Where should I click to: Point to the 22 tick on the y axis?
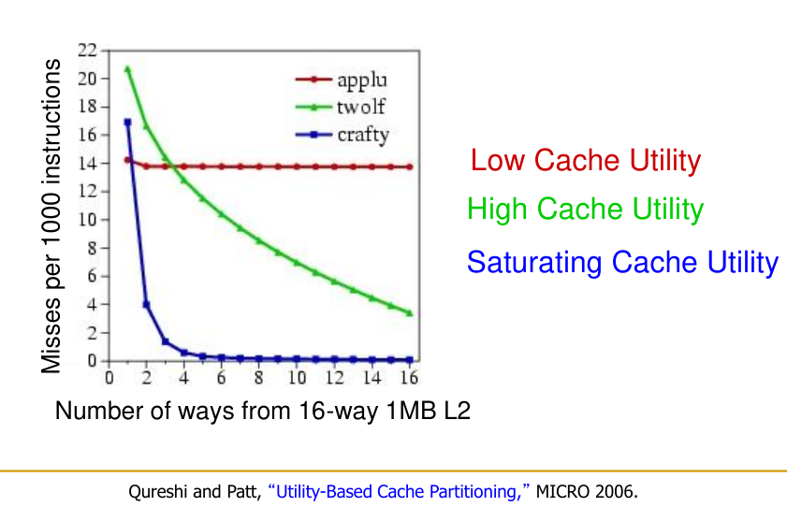coord(87,50)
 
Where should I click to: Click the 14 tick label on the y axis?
coord(87,163)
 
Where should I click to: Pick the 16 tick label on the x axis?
coord(408,379)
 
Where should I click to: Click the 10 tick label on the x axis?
coord(296,379)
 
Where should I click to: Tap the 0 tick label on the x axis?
coord(109,379)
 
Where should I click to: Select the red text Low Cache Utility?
coord(585,161)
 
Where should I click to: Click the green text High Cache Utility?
coord(585,209)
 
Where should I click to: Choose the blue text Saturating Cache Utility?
coord(622,262)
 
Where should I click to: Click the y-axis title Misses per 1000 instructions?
coord(52,216)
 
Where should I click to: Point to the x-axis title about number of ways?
coord(262,412)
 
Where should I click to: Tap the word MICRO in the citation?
coord(564,489)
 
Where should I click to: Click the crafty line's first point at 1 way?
coord(127,122)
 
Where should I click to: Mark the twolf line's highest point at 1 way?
coord(127,68)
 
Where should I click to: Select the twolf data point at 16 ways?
coord(409,312)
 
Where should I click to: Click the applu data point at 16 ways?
coord(409,167)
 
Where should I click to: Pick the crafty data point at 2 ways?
coord(146,304)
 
